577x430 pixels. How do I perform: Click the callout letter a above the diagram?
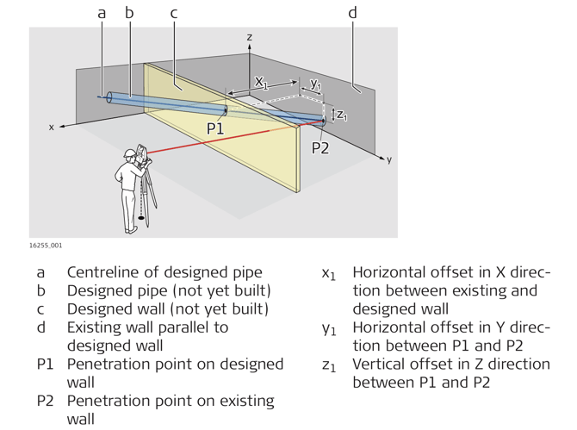(102, 13)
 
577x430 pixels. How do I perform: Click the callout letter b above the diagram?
(129, 13)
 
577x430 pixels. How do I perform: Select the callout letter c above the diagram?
(174, 13)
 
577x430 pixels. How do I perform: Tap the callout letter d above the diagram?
(352, 13)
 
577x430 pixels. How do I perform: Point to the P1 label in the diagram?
(214, 128)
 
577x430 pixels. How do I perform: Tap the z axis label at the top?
(249, 37)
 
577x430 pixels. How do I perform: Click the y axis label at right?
(389, 159)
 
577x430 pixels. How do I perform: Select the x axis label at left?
(51, 127)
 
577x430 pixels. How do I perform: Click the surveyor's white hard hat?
(130, 153)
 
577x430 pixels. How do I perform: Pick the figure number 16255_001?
(45, 246)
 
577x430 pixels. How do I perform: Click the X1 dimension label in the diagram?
(261, 83)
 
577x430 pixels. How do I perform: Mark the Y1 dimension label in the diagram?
(315, 84)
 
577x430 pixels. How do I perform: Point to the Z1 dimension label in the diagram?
(342, 114)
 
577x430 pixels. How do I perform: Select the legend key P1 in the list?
(48, 364)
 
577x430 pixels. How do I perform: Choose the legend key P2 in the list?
(48, 402)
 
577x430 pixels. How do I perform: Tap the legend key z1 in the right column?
(328, 365)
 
